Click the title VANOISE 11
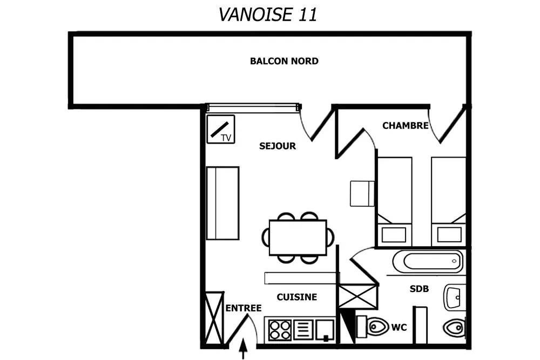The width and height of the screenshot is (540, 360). click(x=268, y=15)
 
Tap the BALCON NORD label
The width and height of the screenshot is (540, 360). click(x=284, y=62)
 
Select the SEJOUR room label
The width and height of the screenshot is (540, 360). click(x=278, y=146)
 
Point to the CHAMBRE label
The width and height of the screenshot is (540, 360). click(x=406, y=126)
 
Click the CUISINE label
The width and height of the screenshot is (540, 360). click(x=297, y=297)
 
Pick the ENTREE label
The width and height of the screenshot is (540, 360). click(x=244, y=308)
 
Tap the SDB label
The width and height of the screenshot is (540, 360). click(x=419, y=289)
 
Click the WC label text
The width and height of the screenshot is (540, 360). click(x=399, y=327)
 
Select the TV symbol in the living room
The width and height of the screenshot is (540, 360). click(x=221, y=129)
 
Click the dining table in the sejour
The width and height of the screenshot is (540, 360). click(x=298, y=237)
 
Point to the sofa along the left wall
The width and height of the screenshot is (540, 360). click(x=223, y=203)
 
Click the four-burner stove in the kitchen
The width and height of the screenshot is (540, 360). click(x=280, y=330)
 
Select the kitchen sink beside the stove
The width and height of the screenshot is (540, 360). click(x=325, y=330)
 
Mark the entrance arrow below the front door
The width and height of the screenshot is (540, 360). click(x=243, y=349)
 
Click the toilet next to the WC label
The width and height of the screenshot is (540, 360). click(x=373, y=327)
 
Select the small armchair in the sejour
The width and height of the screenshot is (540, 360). click(x=362, y=193)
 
